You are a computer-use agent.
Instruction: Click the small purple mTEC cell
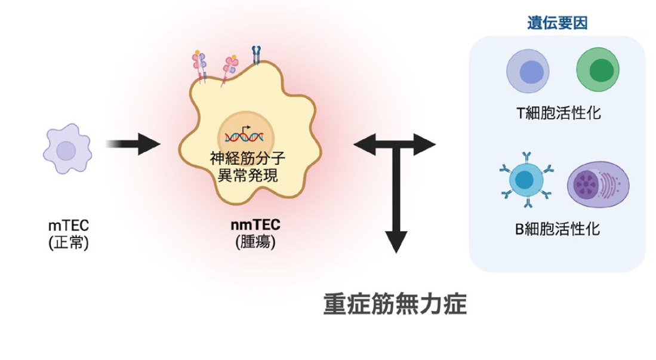point(66,149)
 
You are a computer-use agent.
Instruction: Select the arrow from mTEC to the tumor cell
point(134,144)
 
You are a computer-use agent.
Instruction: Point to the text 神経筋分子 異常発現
point(245,168)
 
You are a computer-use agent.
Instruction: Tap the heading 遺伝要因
point(557,23)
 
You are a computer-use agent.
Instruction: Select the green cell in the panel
point(596,71)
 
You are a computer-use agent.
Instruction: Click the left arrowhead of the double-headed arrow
point(364,144)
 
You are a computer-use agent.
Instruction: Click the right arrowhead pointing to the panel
point(427,144)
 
